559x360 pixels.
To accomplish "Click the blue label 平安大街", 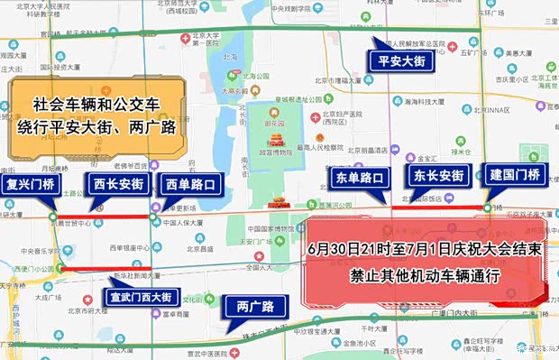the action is pyautogui.click(x=401, y=60).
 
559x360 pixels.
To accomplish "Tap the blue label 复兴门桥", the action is pyautogui.click(x=31, y=187).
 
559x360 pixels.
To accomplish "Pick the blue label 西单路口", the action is pyautogui.click(x=191, y=186).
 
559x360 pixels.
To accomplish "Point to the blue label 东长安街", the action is pyautogui.click(x=438, y=176).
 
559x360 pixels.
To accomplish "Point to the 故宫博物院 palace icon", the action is pyautogui.click(x=277, y=141).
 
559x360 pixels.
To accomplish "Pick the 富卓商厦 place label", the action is pyautogui.click(x=166, y=316).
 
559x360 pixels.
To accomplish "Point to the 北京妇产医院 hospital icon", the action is pyautogui.click(x=316, y=115).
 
